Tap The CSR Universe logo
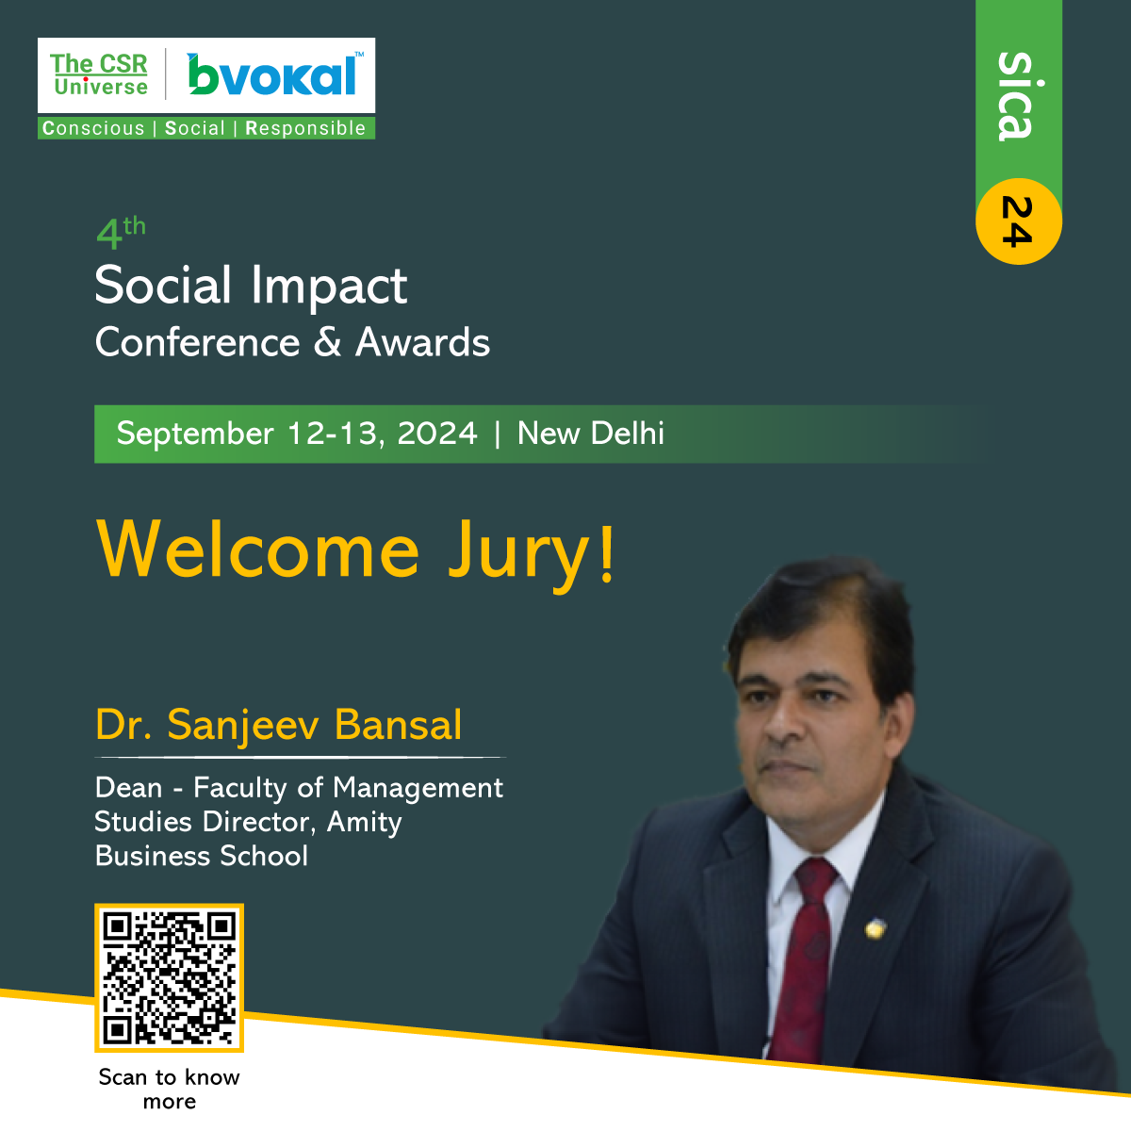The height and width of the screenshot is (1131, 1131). point(100,74)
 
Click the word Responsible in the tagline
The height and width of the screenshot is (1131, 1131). point(305,128)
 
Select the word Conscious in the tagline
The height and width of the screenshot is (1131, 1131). point(92,128)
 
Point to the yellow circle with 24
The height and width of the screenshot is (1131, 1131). point(1018,221)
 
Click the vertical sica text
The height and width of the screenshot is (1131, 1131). point(1017,96)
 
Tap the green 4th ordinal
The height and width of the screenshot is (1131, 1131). point(121,233)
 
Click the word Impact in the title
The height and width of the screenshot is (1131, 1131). point(329,287)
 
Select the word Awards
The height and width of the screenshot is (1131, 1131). point(422,342)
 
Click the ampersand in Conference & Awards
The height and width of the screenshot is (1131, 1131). point(327,342)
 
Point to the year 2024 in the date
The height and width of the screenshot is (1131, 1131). point(437,434)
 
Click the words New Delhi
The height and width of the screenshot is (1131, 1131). point(590,434)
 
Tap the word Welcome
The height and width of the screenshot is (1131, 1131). point(258,549)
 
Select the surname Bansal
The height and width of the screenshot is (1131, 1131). point(398,725)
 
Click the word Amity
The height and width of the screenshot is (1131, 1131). point(364,822)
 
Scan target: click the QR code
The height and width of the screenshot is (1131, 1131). point(169,977)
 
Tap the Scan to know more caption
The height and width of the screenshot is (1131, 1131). point(169,1090)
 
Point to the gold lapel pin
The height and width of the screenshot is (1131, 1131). point(875,928)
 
